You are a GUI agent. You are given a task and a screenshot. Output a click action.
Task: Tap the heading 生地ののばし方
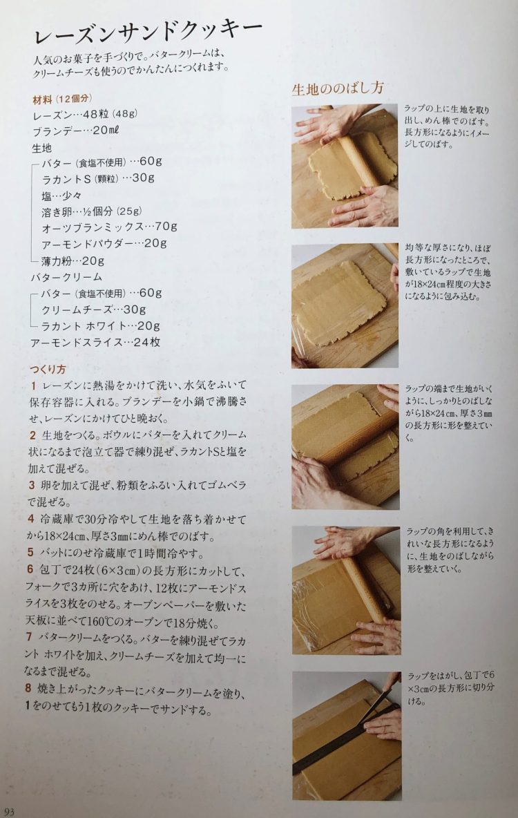pos(338,88)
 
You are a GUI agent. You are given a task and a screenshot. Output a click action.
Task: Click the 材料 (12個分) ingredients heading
pos(62,99)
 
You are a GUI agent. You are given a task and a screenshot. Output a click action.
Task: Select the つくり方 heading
pos(48,369)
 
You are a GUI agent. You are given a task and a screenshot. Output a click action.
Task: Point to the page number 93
pos(10,811)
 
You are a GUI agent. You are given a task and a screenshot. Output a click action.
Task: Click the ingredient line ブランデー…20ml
pos(76,131)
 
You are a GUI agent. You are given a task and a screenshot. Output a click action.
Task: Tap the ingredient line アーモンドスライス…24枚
pos(95,342)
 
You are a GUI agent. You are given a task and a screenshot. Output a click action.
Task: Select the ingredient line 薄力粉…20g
pos(73,260)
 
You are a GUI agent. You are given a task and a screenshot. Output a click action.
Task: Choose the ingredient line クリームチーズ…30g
pos(94,310)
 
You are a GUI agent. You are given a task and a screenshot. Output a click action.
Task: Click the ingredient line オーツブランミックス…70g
pos(110,227)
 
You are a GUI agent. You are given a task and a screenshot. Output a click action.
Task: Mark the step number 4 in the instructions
pos(31,519)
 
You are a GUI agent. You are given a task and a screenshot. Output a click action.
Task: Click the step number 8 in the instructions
pos(28,687)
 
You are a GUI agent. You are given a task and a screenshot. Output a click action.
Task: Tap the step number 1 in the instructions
pos(33,386)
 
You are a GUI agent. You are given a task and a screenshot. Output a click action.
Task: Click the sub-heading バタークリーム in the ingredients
pos(66,277)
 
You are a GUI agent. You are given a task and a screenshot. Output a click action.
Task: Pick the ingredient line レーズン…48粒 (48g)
pos(85,114)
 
